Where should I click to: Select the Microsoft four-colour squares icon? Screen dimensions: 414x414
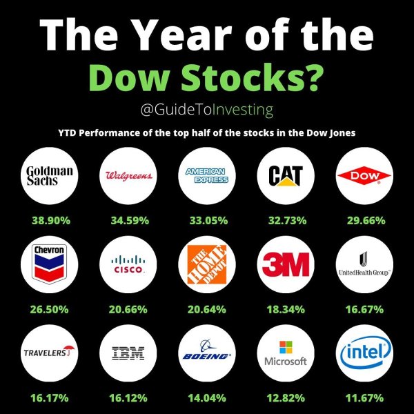pyautogui.click(x=285, y=346)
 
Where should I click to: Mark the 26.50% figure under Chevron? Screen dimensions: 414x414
pyautogui.click(x=52, y=309)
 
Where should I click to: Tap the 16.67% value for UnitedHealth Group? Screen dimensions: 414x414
pyautogui.click(x=362, y=309)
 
